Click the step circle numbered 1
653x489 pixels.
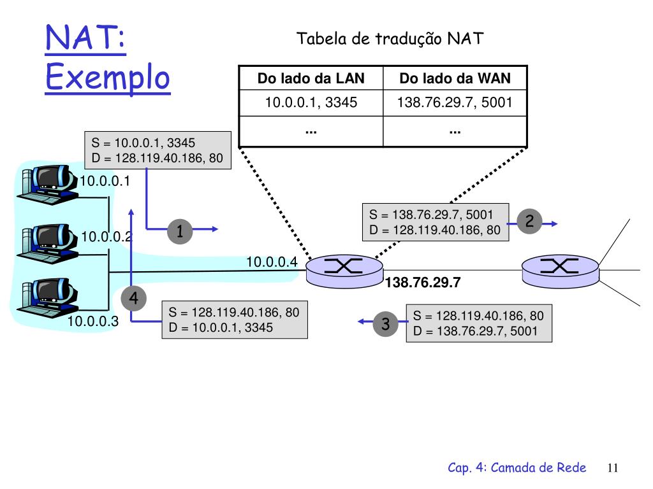(x=180, y=231)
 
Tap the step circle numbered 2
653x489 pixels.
(x=529, y=222)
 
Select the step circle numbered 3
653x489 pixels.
(x=385, y=324)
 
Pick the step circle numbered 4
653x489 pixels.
(x=133, y=298)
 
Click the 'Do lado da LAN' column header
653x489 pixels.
(x=311, y=79)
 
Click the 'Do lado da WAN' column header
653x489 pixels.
(x=455, y=79)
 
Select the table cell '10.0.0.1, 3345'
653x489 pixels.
(x=311, y=102)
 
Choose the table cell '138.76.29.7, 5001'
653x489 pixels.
(x=455, y=102)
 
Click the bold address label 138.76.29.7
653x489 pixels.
(x=423, y=283)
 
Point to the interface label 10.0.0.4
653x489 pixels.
(x=272, y=262)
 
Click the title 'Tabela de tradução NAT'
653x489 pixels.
(x=391, y=39)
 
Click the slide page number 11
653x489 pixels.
(x=613, y=468)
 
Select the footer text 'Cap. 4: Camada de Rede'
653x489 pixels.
(x=517, y=468)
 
